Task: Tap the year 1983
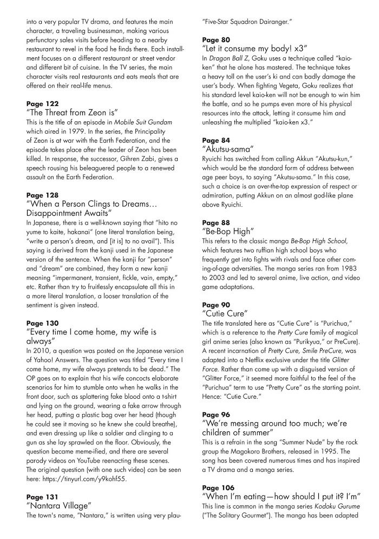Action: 347,281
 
